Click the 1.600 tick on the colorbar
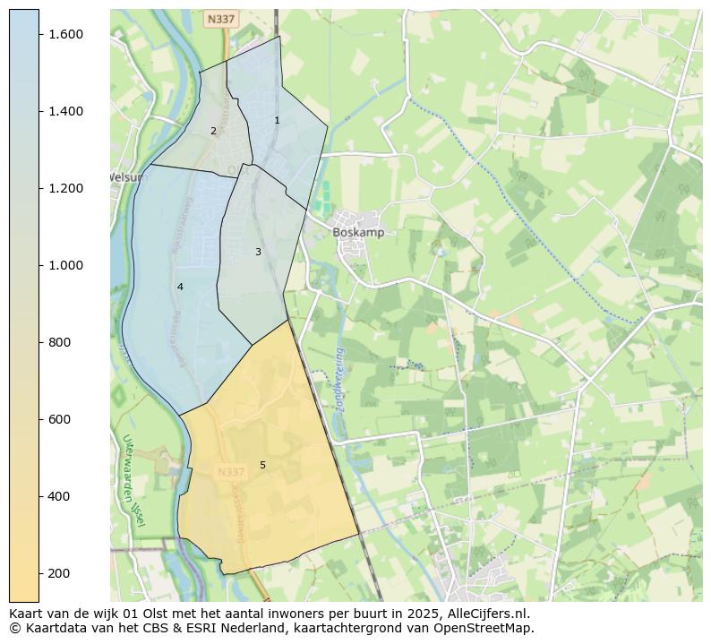(65, 34)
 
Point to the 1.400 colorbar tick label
(65, 111)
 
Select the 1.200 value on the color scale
(65, 188)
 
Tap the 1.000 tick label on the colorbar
(65, 265)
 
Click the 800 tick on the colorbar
(61, 342)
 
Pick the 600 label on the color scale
(61, 419)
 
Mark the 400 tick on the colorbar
(61, 496)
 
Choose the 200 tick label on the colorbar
(61, 573)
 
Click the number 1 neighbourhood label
(277, 120)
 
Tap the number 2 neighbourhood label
(213, 131)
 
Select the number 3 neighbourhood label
(258, 252)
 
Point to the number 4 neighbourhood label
(180, 287)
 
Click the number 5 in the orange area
(262, 465)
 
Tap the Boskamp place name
(358, 232)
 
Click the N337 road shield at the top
(220, 19)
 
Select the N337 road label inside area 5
(231, 471)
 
